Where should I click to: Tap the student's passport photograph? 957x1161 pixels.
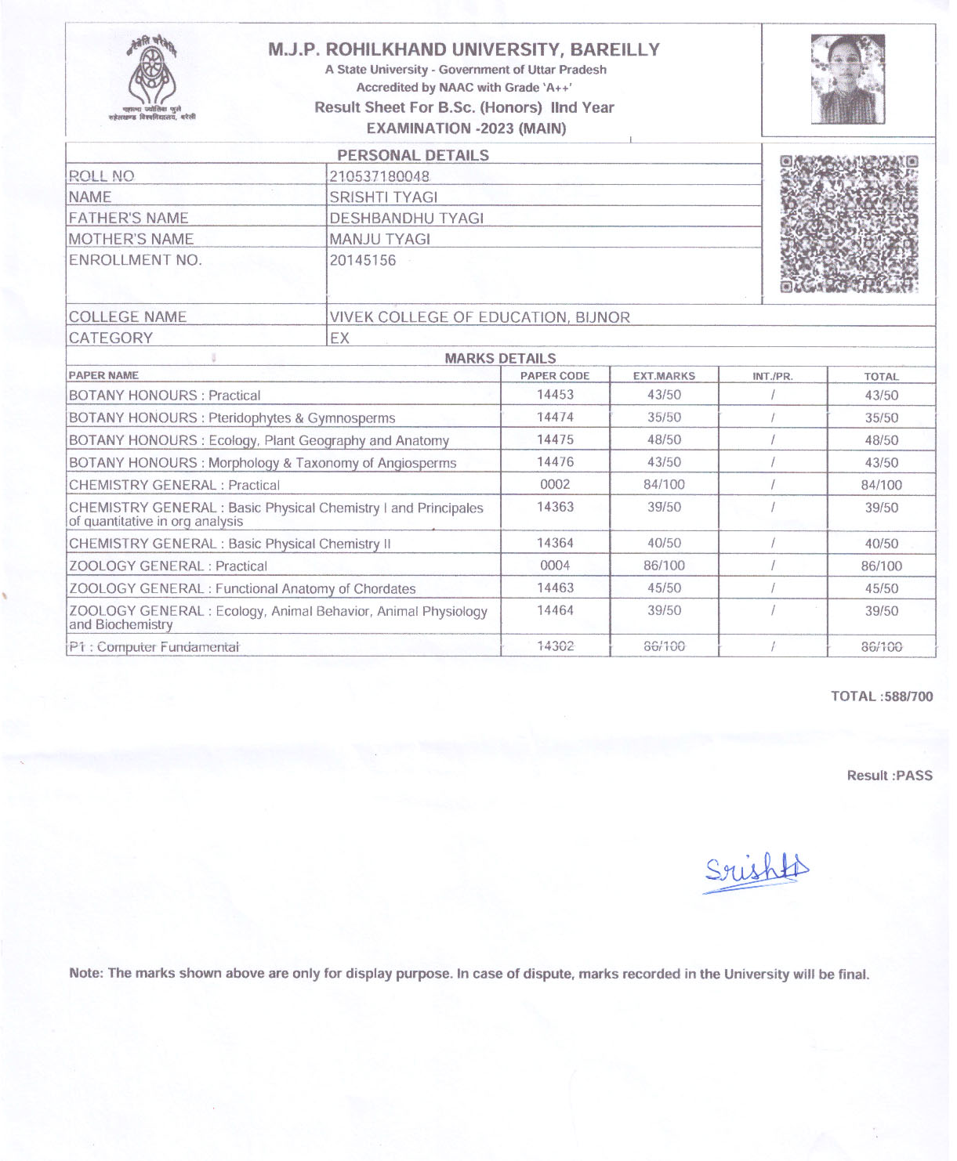click(847, 78)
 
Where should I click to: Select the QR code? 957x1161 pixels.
click(849, 224)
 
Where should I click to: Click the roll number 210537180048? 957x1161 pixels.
click(379, 176)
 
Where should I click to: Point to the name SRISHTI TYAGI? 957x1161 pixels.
click(383, 197)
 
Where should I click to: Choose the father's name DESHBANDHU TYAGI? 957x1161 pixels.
click(406, 218)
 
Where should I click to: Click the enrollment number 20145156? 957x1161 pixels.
click(363, 260)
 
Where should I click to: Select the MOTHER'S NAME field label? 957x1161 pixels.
click(131, 239)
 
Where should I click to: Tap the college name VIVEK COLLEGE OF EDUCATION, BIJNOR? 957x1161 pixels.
click(480, 317)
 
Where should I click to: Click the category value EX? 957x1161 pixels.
click(339, 338)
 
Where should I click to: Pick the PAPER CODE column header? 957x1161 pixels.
click(555, 376)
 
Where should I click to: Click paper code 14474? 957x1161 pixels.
click(555, 418)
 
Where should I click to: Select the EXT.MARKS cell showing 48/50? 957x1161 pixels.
click(664, 440)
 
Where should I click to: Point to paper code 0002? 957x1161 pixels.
click(555, 485)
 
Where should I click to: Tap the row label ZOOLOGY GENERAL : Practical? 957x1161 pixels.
click(168, 566)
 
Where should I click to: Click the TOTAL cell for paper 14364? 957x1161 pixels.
click(881, 544)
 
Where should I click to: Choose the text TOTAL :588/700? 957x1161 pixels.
click(882, 696)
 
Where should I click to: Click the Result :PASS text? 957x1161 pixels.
click(890, 776)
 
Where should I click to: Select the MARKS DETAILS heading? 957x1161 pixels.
click(500, 359)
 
